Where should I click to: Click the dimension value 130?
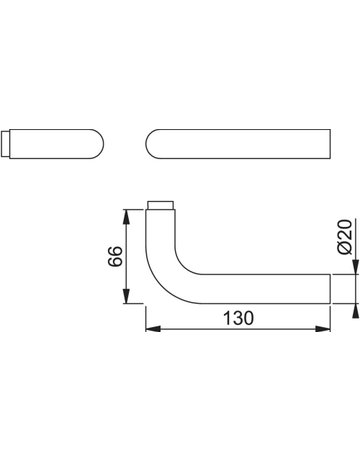[238, 318]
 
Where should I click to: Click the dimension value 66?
[115, 256]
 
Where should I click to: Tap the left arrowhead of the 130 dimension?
[153, 329]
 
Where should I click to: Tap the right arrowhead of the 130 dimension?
[323, 329]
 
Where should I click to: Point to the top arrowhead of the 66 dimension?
[126, 217]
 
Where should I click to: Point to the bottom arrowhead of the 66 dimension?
[126, 296]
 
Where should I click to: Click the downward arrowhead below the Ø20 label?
[356, 267]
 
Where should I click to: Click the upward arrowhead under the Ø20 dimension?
[356, 311]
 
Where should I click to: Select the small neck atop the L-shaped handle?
[160, 205]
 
